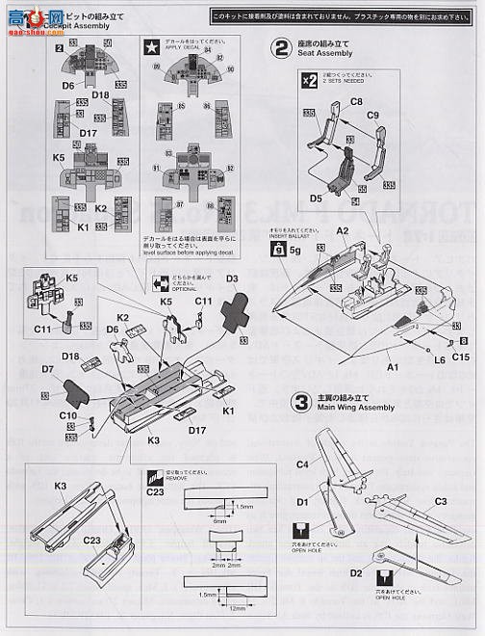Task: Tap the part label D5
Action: (x=315, y=199)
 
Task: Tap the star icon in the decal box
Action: (x=151, y=45)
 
